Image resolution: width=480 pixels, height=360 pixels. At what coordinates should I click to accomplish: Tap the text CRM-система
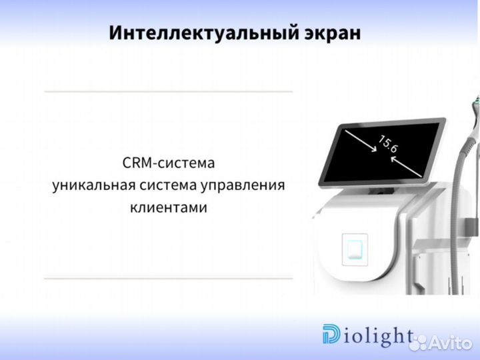click(x=169, y=163)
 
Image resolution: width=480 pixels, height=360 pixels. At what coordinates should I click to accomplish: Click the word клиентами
click(x=169, y=207)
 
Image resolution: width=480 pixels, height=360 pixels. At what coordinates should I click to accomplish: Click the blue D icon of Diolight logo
click(x=331, y=335)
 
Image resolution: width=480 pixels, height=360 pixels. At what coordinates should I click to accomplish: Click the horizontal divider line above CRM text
click(x=168, y=91)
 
